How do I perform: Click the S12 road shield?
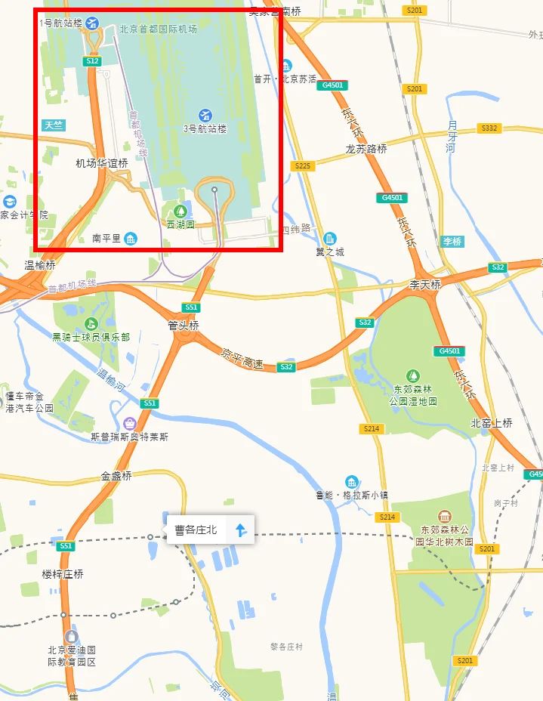93,60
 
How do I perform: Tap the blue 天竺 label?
54,125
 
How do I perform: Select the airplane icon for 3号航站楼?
205,115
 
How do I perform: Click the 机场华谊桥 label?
101,163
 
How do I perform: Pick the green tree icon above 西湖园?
180,211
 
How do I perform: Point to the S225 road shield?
304,165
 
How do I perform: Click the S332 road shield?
489,128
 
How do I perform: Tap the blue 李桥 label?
452,242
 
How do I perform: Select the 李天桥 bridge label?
424,284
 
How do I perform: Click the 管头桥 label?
184,326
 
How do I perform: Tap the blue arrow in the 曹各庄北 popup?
240,530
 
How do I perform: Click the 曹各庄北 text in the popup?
196,530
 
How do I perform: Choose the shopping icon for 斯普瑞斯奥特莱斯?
129,423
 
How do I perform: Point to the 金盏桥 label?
117,476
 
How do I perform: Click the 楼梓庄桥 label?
63,574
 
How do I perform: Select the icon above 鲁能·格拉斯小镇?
351,482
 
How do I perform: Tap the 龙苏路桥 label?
366,149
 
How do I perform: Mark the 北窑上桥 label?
492,423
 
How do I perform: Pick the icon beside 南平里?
131,239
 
